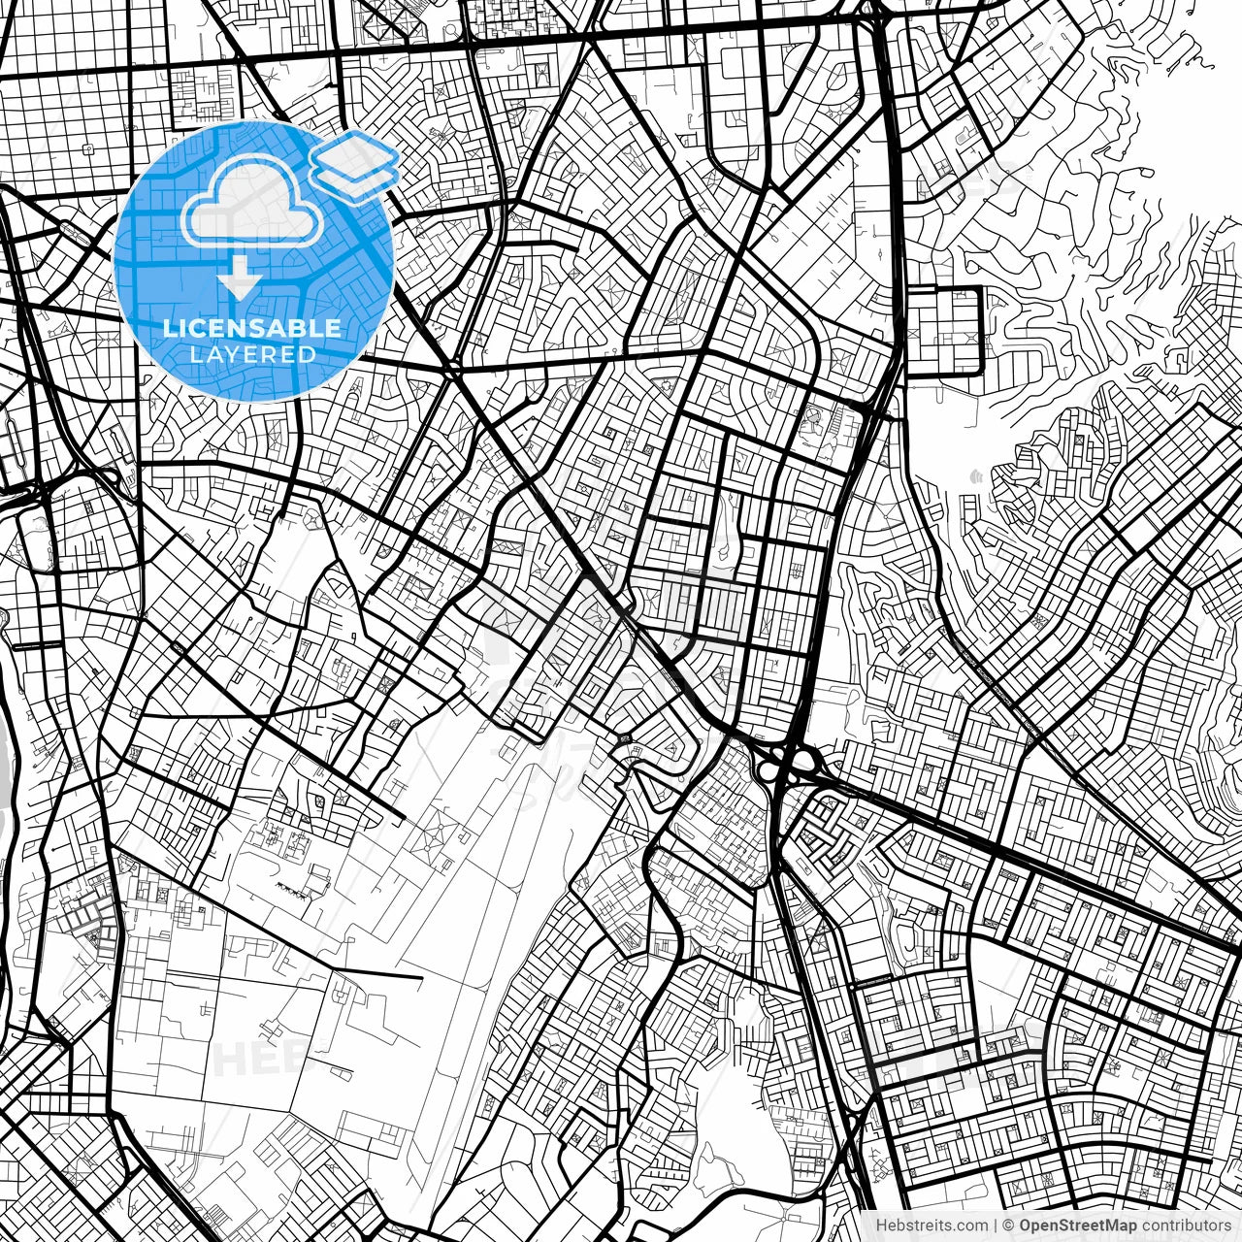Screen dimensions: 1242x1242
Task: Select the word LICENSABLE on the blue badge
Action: (252, 328)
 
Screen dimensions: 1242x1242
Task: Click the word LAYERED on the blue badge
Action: (252, 355)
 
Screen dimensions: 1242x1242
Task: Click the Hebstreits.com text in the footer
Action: (931, 1226)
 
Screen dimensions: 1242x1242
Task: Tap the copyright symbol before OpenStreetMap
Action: (1009, 1226)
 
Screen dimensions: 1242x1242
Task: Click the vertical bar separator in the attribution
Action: (996, 1226)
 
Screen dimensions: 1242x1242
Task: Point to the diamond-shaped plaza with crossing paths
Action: (437, 834)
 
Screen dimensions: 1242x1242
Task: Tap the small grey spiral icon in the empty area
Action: (974, 476)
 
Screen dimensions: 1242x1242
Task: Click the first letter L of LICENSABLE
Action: (169, 328)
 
